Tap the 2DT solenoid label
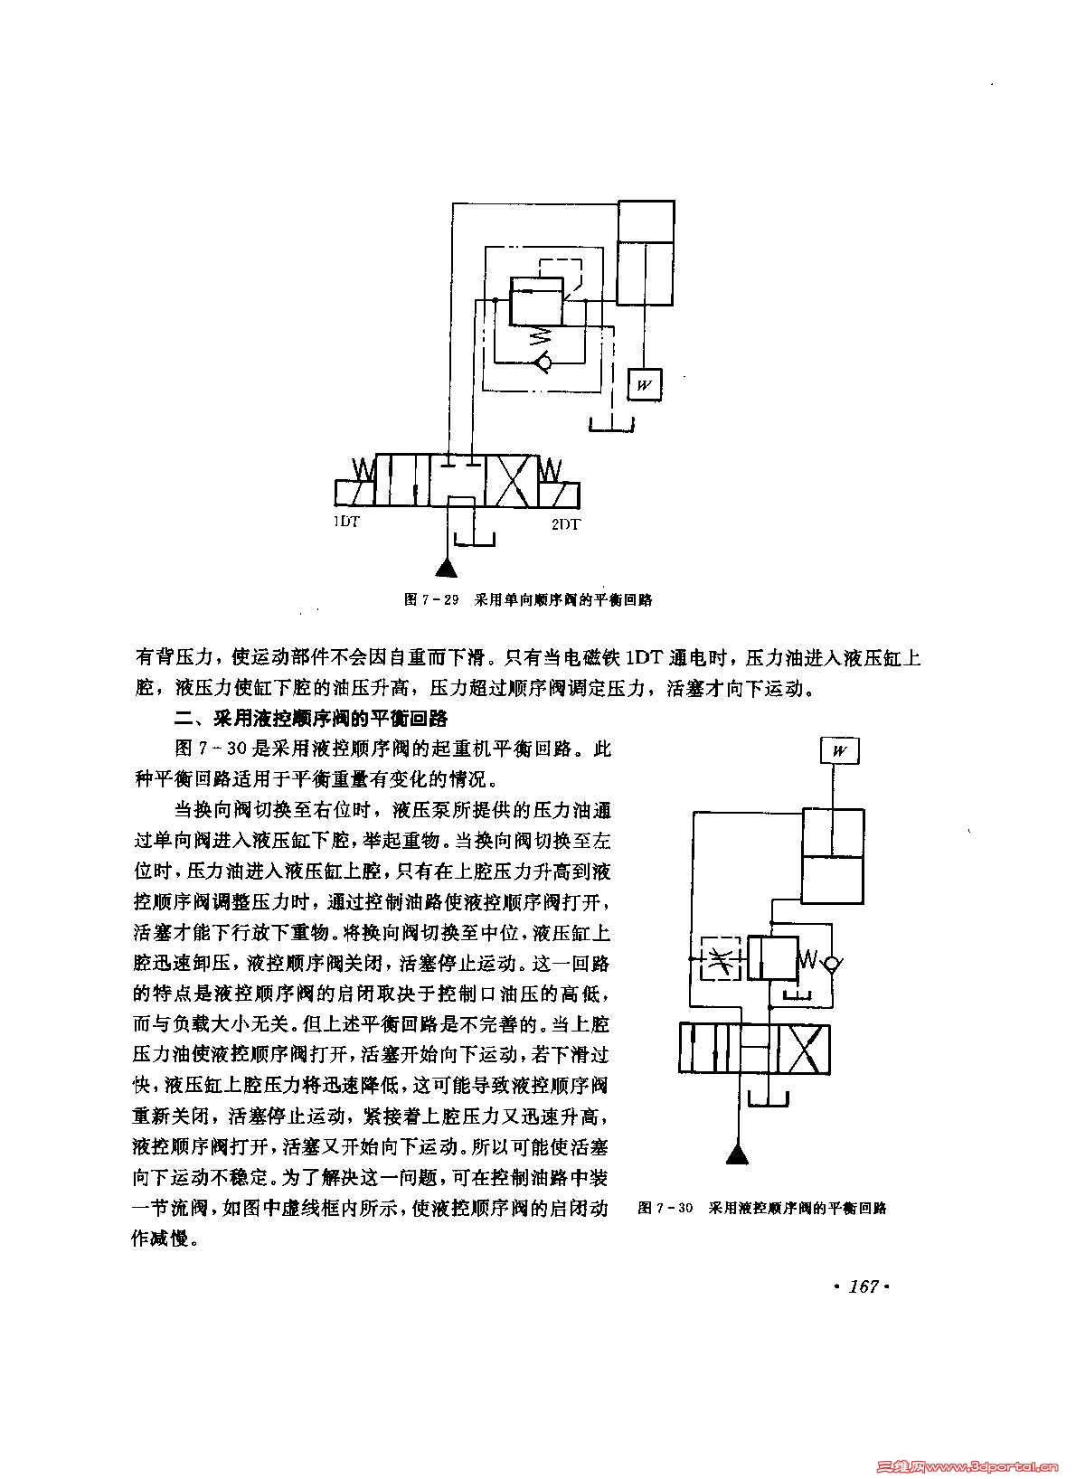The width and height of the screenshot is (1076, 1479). (x=566, y=523)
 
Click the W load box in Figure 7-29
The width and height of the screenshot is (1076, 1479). (x=644, y=385)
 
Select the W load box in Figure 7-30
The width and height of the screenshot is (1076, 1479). (x=839, y=751)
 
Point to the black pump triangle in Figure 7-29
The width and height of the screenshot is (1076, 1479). (x=446, y=568)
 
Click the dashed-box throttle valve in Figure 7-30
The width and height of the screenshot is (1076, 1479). (x=721, y=959)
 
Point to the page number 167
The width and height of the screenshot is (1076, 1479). (x=864, y=1286)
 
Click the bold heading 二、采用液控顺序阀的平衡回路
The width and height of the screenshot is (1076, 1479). (x=311, y=719)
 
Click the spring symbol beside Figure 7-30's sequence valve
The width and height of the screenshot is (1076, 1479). (x=811, y=959)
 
